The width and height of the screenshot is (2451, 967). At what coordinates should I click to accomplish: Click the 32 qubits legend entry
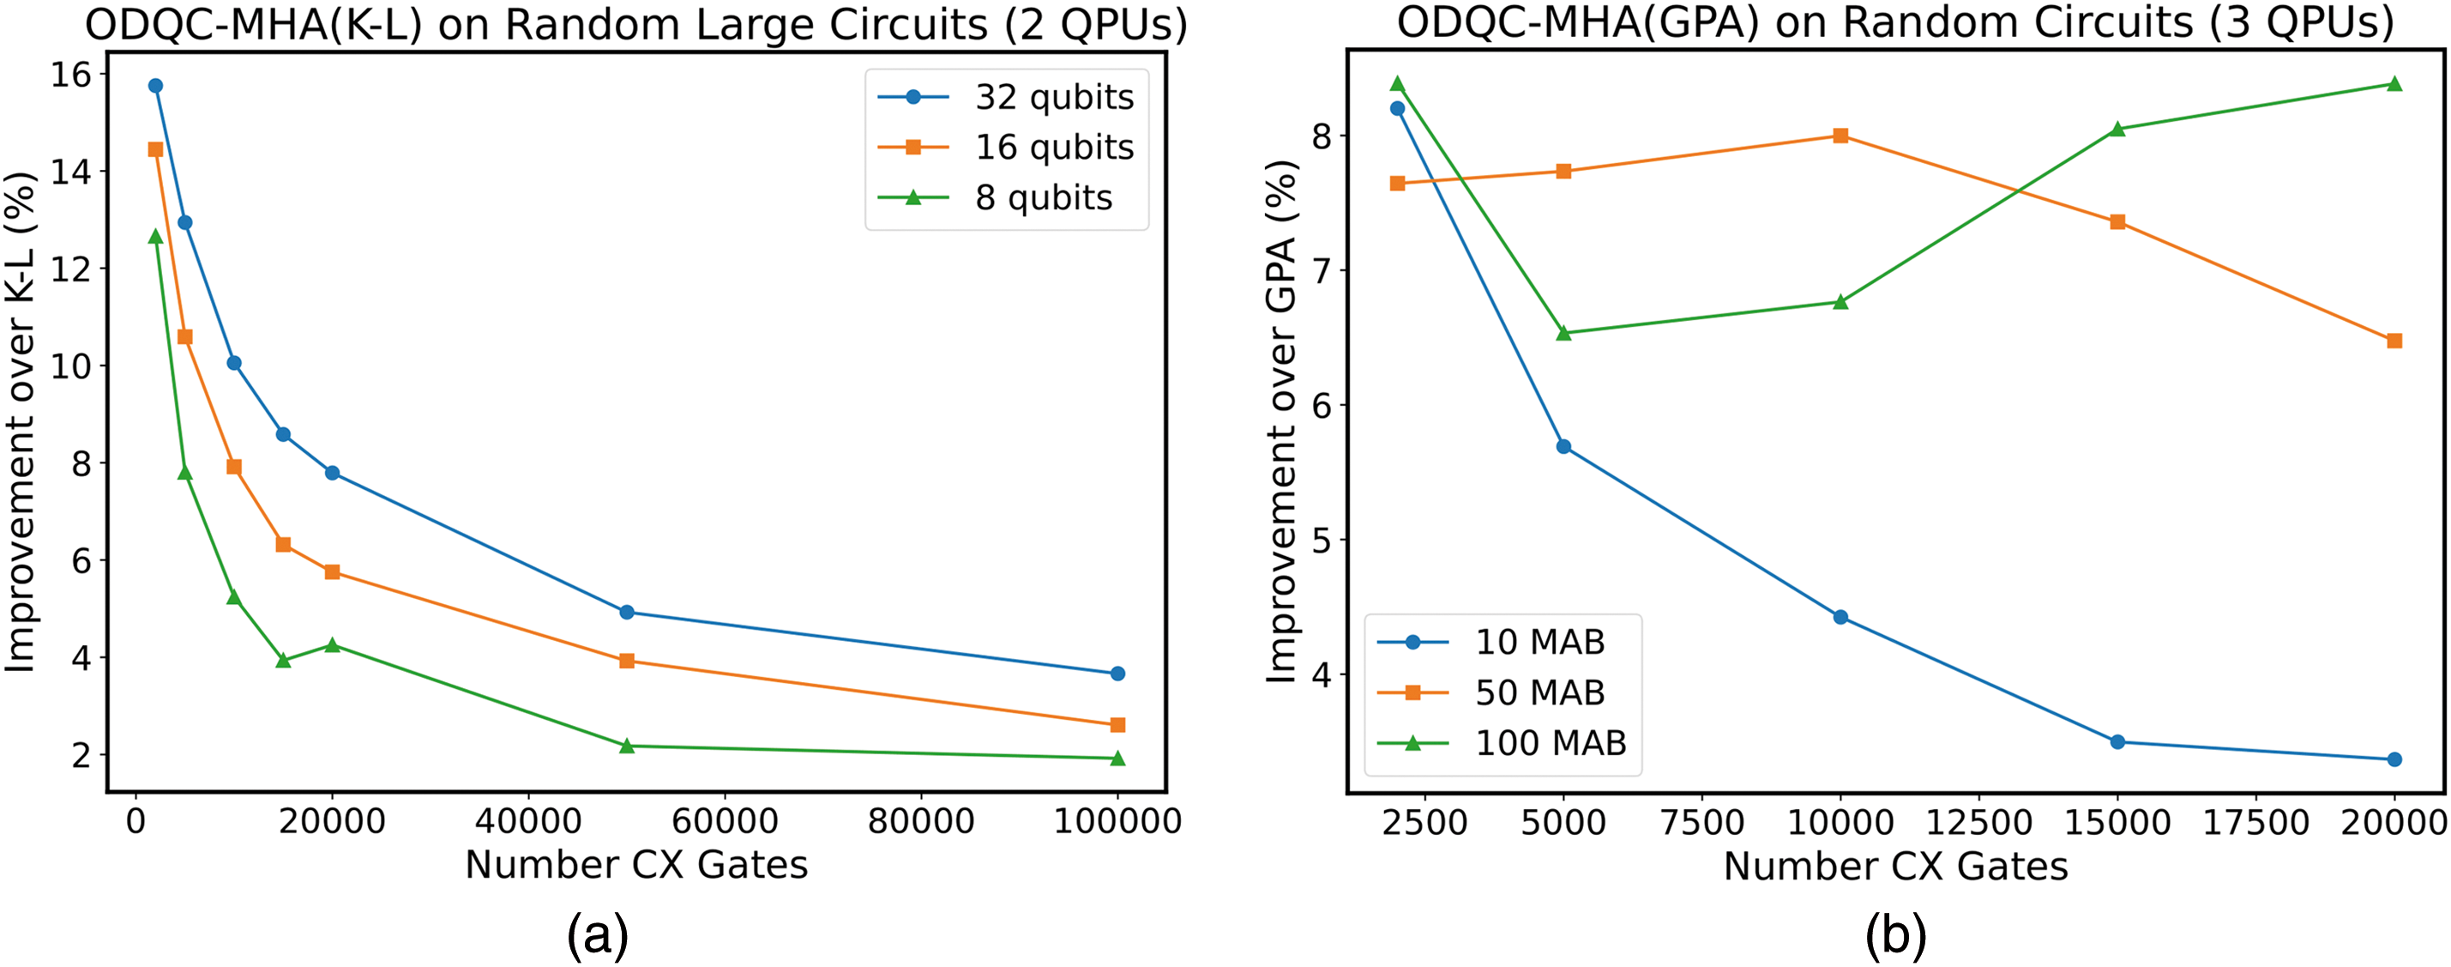[x=1053, y=97]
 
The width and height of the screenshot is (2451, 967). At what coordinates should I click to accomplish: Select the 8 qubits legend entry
[x=1043, y=198]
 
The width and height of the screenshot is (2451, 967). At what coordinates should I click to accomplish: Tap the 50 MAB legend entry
[x=1539, y=693]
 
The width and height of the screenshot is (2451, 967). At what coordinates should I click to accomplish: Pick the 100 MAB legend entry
[x=1550, y=743]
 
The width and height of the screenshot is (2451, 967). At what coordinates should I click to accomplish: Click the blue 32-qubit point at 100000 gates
[x=1118, y=674]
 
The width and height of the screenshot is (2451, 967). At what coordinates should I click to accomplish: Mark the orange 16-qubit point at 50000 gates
[x=626, y=661]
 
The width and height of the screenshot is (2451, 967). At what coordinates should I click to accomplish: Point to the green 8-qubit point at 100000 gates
[x=1118, y=758]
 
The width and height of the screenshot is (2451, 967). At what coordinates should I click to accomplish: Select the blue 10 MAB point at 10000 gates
[x=1840, y=618]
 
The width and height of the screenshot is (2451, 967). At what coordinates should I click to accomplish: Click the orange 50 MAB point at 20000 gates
[x=2395, y=341]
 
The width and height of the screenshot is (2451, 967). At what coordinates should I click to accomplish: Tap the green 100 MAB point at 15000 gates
[x=2117, y=130]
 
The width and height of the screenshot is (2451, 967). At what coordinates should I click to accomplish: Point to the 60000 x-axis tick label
[x=724, y=821]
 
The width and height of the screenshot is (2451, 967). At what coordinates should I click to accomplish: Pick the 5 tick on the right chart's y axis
[x=1322, y=541]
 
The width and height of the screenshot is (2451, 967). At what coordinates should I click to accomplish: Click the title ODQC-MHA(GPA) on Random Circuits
[x=1895, y=23]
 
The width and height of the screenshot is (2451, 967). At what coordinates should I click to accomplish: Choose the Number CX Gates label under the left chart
[x=636, y=865]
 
